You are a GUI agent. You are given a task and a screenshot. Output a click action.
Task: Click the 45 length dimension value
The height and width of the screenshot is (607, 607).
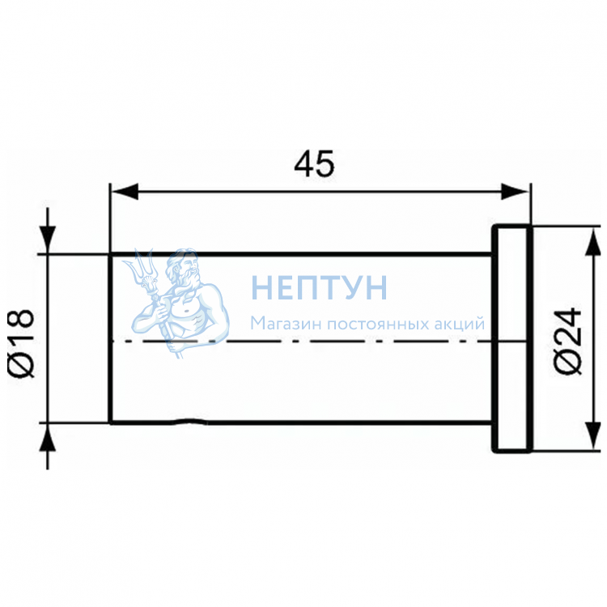pos(314,163)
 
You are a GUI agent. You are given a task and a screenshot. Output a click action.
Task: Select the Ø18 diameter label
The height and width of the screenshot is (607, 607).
pos(21,343)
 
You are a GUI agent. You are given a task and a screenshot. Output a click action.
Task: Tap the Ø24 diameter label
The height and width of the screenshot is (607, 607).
pos(568,341)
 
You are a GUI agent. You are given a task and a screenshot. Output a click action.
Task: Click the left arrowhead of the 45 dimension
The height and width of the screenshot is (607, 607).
pos(125,192)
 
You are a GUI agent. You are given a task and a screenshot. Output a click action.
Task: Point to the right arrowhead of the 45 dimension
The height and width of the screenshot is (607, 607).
pos(515,192)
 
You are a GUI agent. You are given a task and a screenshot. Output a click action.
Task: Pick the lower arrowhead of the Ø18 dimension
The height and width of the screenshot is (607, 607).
pos(48,437)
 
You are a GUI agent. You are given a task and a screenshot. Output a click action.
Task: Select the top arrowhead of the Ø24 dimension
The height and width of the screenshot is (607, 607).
pos(592,241)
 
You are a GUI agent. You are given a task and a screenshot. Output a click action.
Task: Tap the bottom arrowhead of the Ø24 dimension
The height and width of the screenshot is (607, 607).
pos(592,436)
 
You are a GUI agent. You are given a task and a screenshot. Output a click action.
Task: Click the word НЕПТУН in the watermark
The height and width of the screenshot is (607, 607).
pos(320,287)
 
